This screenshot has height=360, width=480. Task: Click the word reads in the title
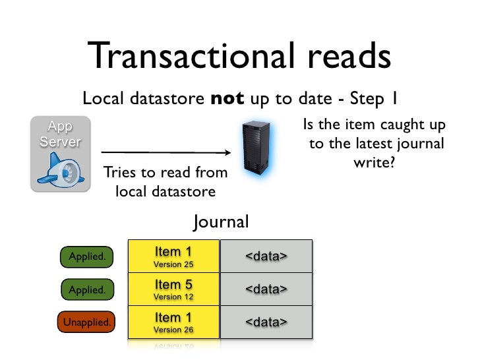point(347,57)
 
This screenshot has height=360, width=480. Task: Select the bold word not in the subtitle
point(227,100)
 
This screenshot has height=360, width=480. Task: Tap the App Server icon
point(60,154)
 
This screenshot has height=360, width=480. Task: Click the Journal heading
point(221,222)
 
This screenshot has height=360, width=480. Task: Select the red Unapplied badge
point(86,322)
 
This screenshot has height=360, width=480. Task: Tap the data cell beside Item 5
point(266,289)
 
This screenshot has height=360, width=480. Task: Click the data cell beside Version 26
point(266,322)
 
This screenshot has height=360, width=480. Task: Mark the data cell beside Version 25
point(266,256)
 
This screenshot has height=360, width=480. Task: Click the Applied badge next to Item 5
point(86,289)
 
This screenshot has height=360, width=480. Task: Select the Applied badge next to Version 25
point(86,256)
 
